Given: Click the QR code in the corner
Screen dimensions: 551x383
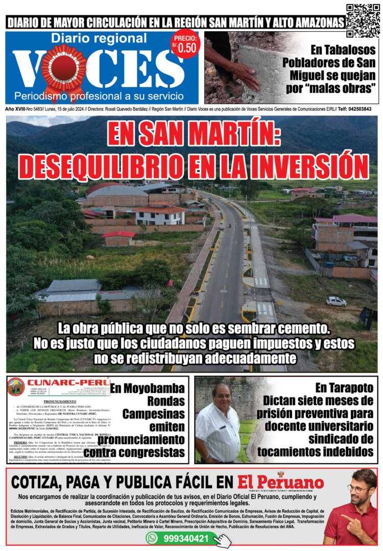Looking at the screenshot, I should (x=363, y=20).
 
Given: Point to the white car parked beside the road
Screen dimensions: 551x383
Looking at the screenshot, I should (x=336, y=301).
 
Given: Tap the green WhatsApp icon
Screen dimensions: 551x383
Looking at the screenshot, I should (x=152, y=538).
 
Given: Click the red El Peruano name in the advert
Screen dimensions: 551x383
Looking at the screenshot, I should (x=280, y=482).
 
